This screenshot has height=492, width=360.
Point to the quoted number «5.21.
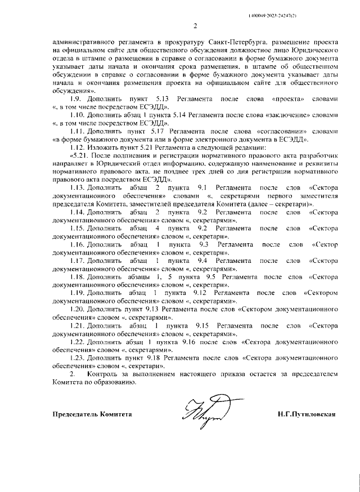[79, 155]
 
